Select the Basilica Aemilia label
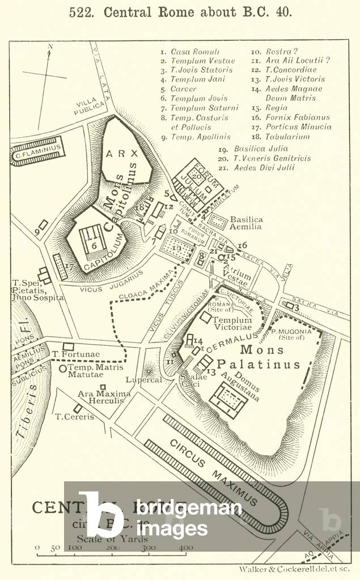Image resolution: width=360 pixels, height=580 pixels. coord(245,223)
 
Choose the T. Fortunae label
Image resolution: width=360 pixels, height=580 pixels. coord(75,355)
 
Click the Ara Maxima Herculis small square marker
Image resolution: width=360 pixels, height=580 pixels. coord(102,387)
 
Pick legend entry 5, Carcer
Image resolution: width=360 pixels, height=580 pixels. coord(183,89)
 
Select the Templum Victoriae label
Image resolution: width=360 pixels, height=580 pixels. coord(232,324)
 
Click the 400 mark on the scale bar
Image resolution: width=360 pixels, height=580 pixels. coord(186,548)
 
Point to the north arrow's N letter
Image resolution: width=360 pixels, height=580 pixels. coord(50,46)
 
